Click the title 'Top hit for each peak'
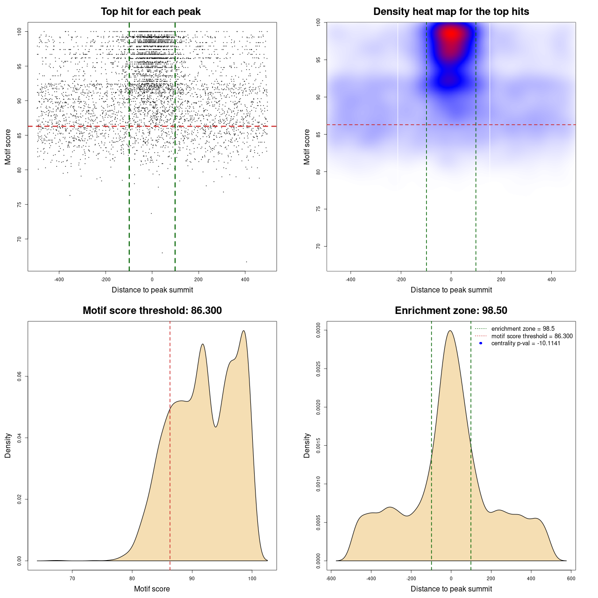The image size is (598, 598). (x=151, y=12)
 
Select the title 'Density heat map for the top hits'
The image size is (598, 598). (x=451, y=12)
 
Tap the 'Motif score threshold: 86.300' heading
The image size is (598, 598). (x=152, y=311)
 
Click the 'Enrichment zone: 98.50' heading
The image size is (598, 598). (x=451, y=311)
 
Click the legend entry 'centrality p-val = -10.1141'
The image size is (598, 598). (x=526, y=343)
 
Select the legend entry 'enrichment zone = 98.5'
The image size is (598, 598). (x=523, y=329)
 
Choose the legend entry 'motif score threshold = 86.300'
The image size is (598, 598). (x=532, y=336)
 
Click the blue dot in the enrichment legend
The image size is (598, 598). (x=481, y=343)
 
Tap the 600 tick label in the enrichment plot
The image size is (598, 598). (x=571, y=578)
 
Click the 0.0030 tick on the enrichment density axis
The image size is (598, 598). (x=318, y=330)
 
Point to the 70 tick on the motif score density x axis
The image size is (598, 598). (x=72, y=578)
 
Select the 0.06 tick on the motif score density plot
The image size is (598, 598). (x=19, y=377)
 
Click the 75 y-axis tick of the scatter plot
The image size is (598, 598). (x=19, y=205)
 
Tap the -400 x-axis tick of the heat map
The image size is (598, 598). (x=350, y=279)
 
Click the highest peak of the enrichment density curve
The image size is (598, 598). (x=450, y=331)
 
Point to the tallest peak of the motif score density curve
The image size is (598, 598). (x=243, y=331)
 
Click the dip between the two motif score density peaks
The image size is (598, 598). (x=215, y=427)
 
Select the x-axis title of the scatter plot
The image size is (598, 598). (x=152, y=290)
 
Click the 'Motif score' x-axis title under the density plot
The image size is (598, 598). (x=152, y=589)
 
